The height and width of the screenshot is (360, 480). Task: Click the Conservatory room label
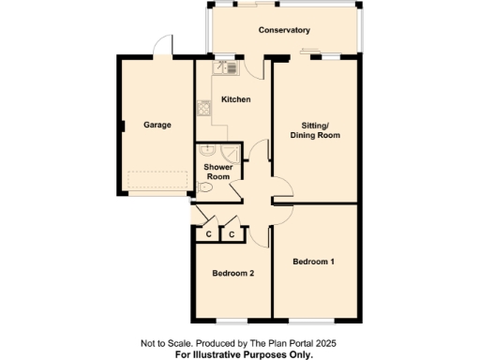(x=284, y=30)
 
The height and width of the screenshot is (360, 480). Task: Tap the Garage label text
(x=157, y=124)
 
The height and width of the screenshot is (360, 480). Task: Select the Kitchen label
(x=234, y=98)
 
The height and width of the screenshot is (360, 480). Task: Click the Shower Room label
(x=218, y=172)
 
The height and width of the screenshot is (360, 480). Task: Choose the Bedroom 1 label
(x=313, y=261)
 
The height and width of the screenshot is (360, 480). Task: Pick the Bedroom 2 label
(x=232, y=274)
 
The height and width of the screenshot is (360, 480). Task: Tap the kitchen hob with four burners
(x=202, y=110)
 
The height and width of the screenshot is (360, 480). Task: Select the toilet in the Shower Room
(x=205, y=187)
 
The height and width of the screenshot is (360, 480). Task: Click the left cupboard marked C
(x=207, y=233)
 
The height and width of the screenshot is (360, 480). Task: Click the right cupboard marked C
(x=232, y=233)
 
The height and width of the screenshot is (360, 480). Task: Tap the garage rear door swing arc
(x=163, y=44)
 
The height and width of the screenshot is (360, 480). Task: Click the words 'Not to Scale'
(x=165, y=344)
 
